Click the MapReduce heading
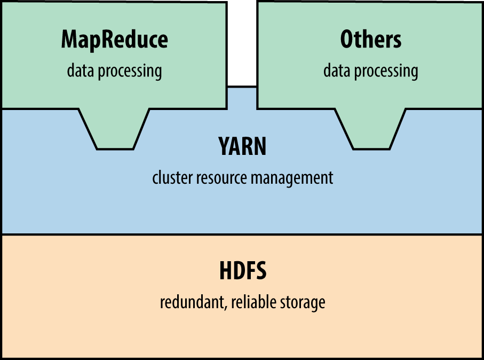click(x=114, y=40)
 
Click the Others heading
click(x=370, y=40)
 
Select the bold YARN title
click(x=242, y=146)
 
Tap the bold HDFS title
click(x=242, y=271)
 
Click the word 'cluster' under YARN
click(x=169, y=177)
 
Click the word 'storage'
click(x=302, y=302)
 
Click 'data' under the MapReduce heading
click(x=78, y=71)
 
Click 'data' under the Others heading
click(x=335, y=71)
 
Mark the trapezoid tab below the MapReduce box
click(x=114, y=131)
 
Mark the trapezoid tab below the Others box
click(x=371, y=131)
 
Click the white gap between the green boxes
click(x=242, y=43)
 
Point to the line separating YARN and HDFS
click(x=242, y=234)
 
